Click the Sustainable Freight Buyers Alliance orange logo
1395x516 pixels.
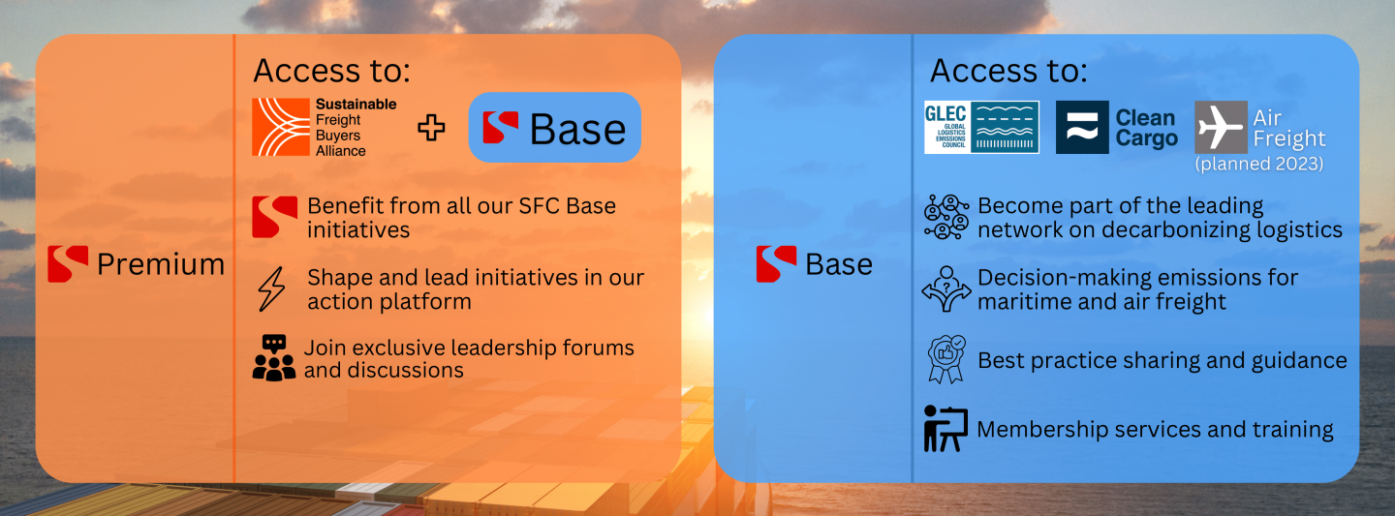click(x=282, y=127)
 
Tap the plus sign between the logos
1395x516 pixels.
click(x=431, y=128)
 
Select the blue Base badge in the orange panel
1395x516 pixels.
click(x=554, y=128)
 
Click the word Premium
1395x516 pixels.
click(x=161, y=264)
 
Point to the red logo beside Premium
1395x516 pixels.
click(x=68, y=264)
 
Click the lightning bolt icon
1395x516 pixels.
click(x=272, y=289)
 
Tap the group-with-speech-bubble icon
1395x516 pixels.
click(x=273, y=357)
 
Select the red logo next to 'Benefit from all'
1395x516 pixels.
click(x=274, y=217)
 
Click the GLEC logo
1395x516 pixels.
click(x=981, y=127)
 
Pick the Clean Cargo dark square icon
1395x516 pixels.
click(x=1081, y=127)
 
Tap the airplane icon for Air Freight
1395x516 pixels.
click(x=1221, y=127)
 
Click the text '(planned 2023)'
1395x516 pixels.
click(x=1259, y=165)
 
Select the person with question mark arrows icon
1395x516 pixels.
click(x=945, y=289)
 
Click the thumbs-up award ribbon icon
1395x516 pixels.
click(x=945, y=360)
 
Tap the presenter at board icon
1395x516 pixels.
click(x=945, y=429)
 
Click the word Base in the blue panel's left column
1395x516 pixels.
click(x=839, y=264)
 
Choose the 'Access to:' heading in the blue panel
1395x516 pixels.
click(x=1008, y=71)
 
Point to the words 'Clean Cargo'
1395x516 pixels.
click(x=1147, y=128)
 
